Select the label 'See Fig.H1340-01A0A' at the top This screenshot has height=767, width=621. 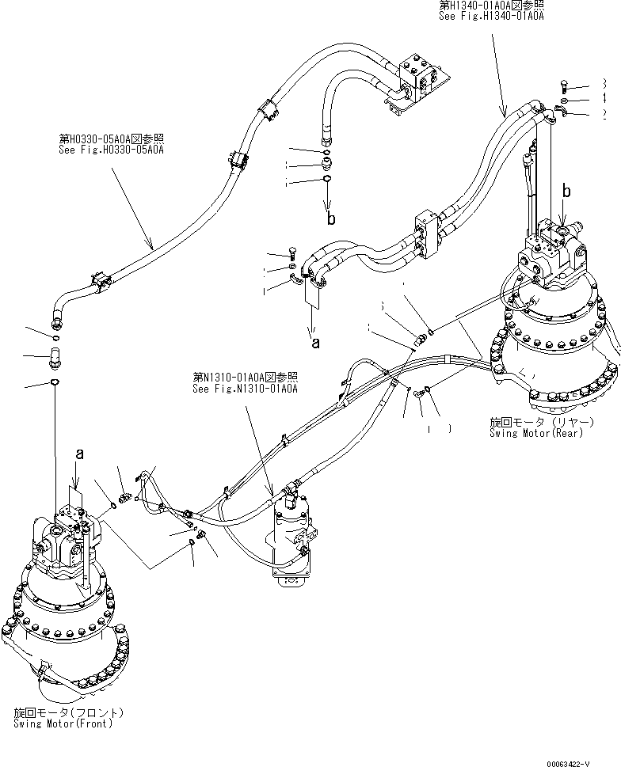click(x=492, y=15)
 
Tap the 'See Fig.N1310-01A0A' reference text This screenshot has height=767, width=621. click(x=245, y=388)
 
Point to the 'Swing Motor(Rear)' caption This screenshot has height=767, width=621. click(x=536, y=432)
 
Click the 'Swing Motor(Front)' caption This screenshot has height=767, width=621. click(x=63, y=723)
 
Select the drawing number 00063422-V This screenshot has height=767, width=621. click(x=582, y=761)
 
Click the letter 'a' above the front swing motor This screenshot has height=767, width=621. click(x=79, y=454)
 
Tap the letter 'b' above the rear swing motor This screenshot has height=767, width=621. click(x=566, y=190)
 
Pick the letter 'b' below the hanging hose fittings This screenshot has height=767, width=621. click(x=331, y=218)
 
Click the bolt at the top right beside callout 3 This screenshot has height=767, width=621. click(x=562, y=87)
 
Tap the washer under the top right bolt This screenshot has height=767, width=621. click(x=562, y=101)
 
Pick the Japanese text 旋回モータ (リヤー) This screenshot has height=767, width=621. click(x=536, y=421)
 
